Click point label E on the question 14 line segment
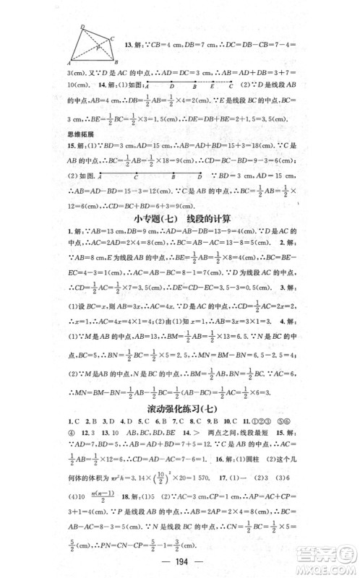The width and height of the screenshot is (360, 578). pyautogui.click(x=211, y=86)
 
